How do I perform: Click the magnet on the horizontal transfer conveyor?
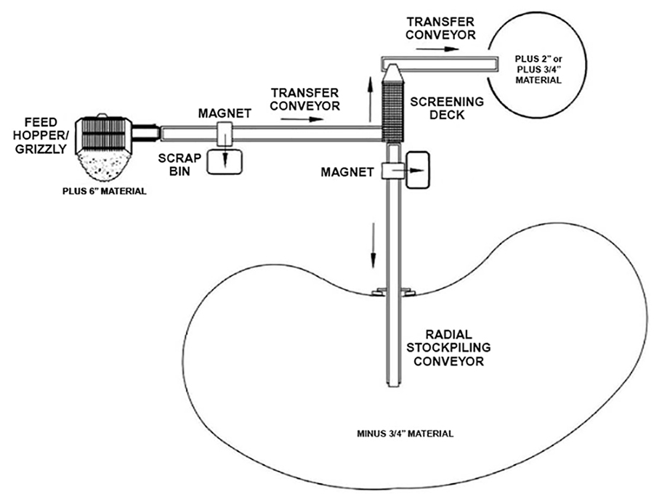pyautogui.click(x=224, y=132)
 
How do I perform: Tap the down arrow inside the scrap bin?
pyautogui.click(x=225, y=160)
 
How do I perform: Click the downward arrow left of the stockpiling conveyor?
pyautogui.click(x=374, y=244)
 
